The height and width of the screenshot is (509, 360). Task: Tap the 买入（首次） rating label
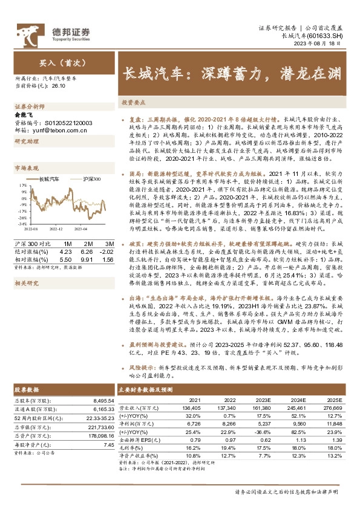(x=57, y=62)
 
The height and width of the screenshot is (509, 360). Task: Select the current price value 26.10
(x=59, y=86)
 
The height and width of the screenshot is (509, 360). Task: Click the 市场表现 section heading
(x=27, y=168)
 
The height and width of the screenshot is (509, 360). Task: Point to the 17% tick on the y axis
(x=22, y=186)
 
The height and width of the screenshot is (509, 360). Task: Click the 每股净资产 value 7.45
(x=108, y=444)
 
